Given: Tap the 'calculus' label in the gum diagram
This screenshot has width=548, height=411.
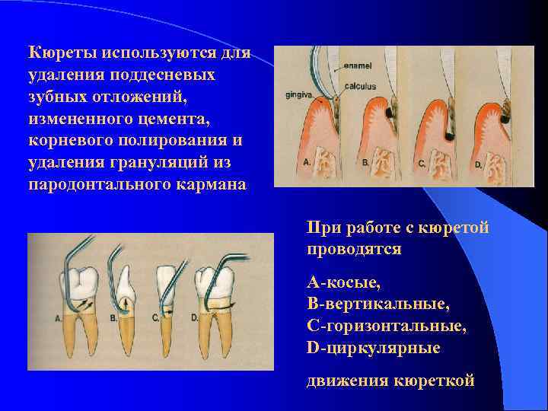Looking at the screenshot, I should tap(359, 86).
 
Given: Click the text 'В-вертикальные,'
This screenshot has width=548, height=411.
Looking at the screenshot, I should tap(378, 304).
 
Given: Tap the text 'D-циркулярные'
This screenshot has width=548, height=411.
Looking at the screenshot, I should tap(373, 348).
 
